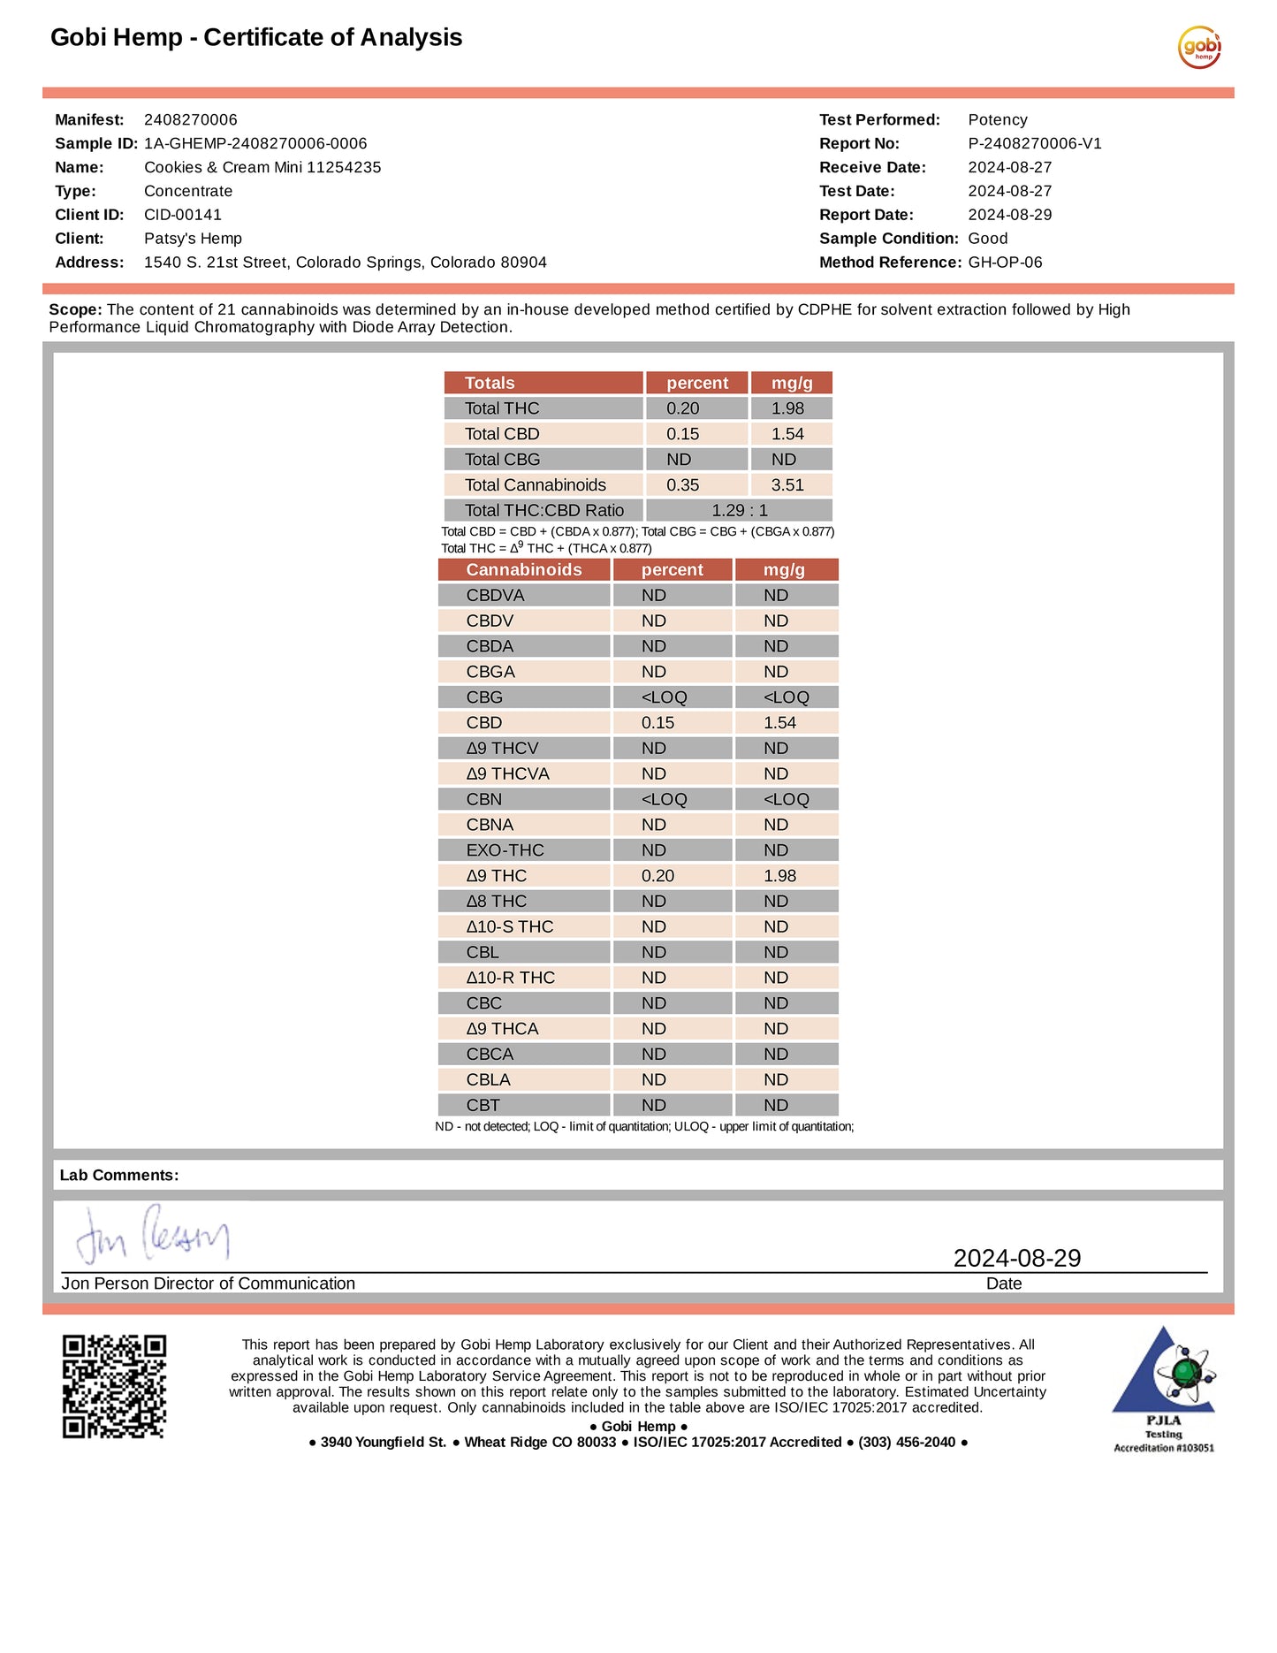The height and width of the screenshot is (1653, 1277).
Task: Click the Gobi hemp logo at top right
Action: click(x=1199, y=47)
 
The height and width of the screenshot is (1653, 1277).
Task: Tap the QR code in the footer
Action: click(x=114, y=1385)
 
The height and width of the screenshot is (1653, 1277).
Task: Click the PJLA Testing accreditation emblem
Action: click(x=1164, y=1387)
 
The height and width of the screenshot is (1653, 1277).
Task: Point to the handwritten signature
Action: click(x=153, y=1234)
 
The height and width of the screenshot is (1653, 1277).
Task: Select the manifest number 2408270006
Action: click(x=191, y=120)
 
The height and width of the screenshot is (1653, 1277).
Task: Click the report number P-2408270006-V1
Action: click(x=1035, y=144)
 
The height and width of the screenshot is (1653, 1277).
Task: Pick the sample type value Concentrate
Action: click(x=188, y=192)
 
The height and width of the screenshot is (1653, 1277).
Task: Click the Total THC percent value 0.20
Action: click(x=683, y=408)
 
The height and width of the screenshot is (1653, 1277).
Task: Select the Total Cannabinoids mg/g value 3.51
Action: click(x=787, y=485)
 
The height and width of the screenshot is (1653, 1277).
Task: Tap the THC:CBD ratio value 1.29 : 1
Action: click(x=740, y=511)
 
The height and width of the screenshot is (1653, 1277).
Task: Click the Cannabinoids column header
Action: click(x=524, y=570)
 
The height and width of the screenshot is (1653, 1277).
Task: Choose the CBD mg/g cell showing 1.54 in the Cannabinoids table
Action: click(x=780, y=723)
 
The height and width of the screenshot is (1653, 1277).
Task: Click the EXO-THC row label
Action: click(x=505, y=850)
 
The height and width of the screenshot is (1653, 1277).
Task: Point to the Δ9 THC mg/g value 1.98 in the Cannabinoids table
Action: click(x=780, y=876)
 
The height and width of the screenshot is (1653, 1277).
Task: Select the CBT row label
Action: click(x=483, y=1106)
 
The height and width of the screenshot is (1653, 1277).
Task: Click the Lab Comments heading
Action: click(x=119, y=1176)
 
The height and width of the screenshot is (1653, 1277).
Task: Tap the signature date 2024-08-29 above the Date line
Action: click(x=1017, y=1258)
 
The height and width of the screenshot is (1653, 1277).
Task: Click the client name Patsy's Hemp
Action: click(x=193, y=239)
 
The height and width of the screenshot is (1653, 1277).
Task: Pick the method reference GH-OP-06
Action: click(x=1006, y=263)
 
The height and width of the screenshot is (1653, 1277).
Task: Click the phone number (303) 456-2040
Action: click(x=907, y=1443)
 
